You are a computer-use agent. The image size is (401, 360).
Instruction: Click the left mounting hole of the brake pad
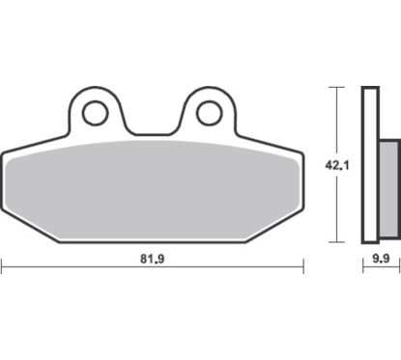pos(95,114)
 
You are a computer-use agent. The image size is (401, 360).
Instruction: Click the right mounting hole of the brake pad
pos(209,114)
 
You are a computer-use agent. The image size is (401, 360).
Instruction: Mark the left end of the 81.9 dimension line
pos(2,264)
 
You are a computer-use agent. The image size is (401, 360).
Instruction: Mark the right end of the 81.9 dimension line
pos(302,264)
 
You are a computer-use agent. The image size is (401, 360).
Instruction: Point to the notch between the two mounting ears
pos(152,133)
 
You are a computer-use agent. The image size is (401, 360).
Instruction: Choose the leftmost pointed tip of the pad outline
pos(3,157)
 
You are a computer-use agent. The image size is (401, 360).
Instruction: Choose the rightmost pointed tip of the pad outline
pos(301,157)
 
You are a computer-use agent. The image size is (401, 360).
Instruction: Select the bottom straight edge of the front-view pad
pos(152,241)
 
